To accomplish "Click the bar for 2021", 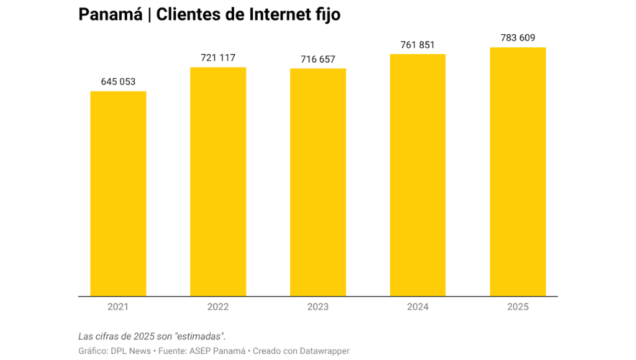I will click(x=118, y=194).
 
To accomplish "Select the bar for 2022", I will click(x=218, y=181).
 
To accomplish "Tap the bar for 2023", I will click(x=318, y=182).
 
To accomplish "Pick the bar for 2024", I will click(x=417, y=175).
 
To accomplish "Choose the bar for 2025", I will click(x=517, y=171).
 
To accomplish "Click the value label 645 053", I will click(x=118, y=82).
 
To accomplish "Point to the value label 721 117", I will click(x=218, y=58).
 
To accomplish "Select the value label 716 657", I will click(x=318, y=59).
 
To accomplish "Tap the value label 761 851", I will click(x=417, y=45).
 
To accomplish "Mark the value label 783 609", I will click(x=517, y=38).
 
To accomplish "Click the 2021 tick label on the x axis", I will click(x=118, y=307).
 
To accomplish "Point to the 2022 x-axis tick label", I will click(x=218, y=307).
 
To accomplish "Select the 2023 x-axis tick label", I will click(x=318, y=307).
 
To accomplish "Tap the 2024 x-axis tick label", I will click(x=417, y=307).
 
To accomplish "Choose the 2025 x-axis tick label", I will click(x=517, y=307).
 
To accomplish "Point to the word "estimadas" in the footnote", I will click(x=199, y=336).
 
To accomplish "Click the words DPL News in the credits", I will click(x=131, y=351).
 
